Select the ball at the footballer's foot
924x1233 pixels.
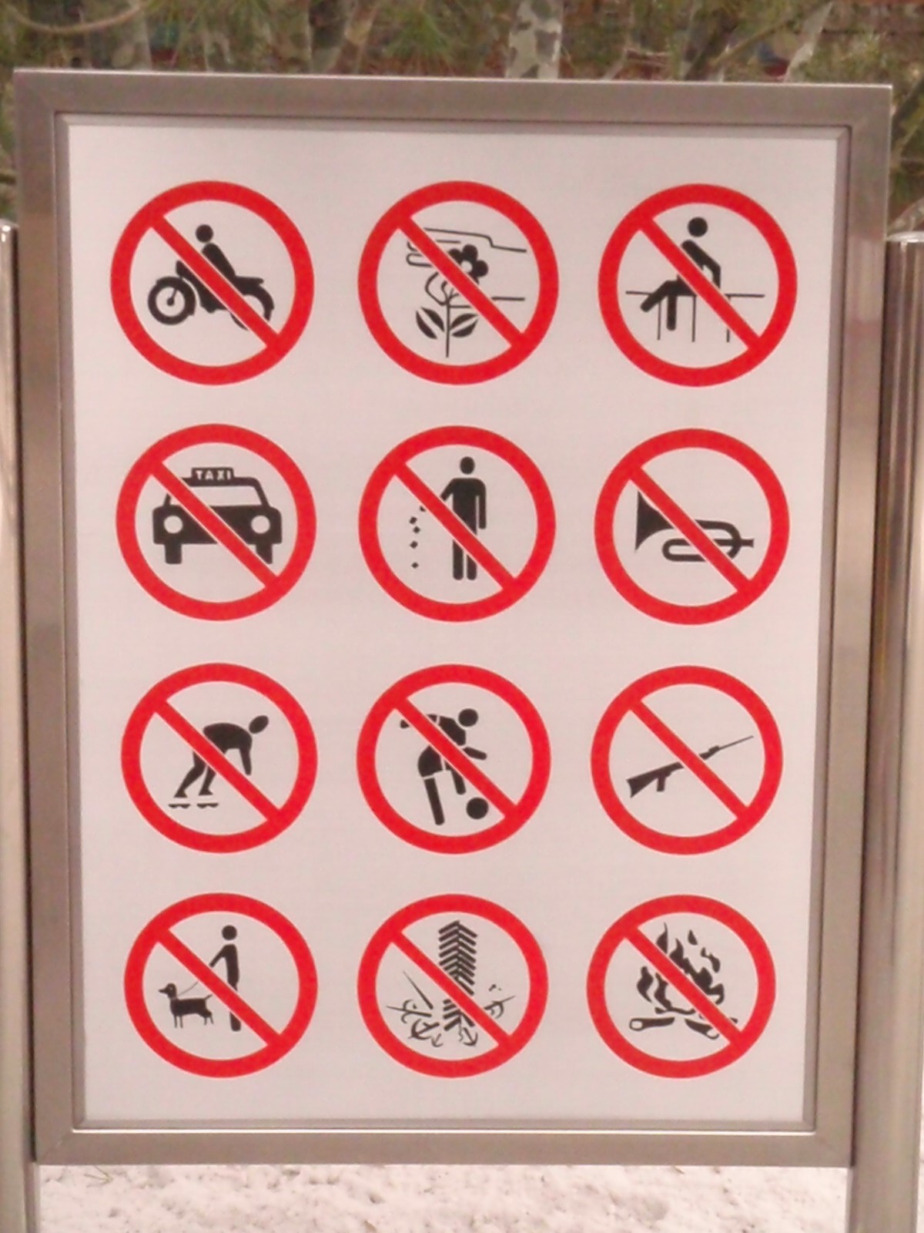click(x=477, y=808)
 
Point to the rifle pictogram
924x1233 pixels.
click(x=690, y=765)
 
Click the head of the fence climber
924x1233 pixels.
click(x=697, y=227)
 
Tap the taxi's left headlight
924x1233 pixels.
click(x=171, y=527)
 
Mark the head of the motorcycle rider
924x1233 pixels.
click(x=206, y=233)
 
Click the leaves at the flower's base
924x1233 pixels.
click(x=447, y=324)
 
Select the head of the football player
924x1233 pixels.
click(x=467, y=717)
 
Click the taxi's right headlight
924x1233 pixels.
click(x=262, y=527)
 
